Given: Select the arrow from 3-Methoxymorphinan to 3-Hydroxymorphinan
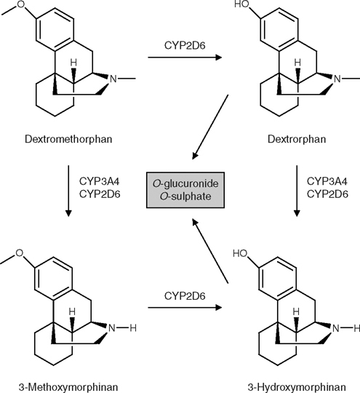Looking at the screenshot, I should pos(180,306).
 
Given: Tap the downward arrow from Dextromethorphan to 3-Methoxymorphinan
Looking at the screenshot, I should pos(68,192).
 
